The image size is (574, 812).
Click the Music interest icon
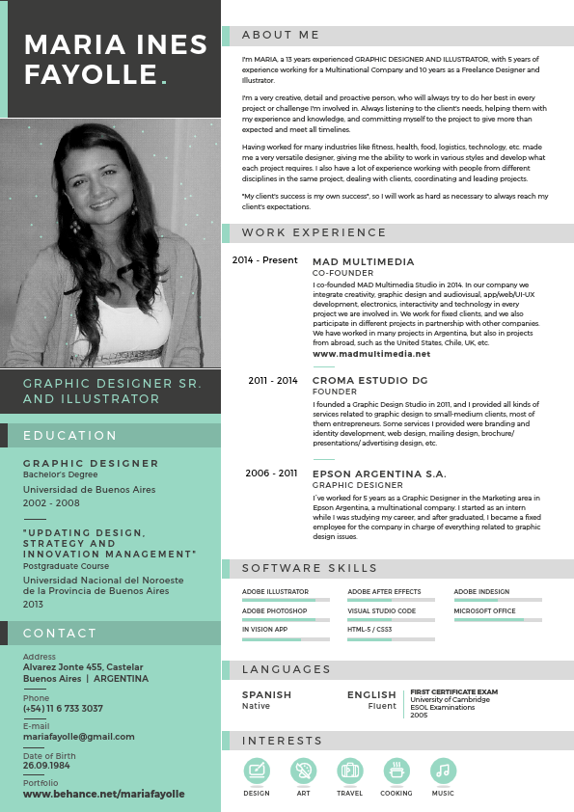442,771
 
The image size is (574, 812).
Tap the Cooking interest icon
396,771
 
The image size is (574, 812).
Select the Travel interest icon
349,771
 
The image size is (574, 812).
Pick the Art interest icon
303,771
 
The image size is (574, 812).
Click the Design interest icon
257,771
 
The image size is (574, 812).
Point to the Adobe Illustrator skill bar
286,600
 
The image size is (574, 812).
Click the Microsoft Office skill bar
498,619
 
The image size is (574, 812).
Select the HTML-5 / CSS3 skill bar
391,638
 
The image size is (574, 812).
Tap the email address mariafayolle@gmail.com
79,737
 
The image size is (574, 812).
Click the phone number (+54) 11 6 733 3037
63,709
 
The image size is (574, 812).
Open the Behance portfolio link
103,794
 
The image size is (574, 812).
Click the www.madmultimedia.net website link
371,354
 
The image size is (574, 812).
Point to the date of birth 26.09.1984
46,766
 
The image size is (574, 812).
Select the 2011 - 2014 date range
273,381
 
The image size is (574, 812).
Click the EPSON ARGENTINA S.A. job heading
379,474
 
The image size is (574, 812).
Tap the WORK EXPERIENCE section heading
314,232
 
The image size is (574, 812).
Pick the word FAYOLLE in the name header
91,74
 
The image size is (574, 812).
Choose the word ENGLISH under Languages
371,694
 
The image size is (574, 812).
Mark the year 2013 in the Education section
34,604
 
